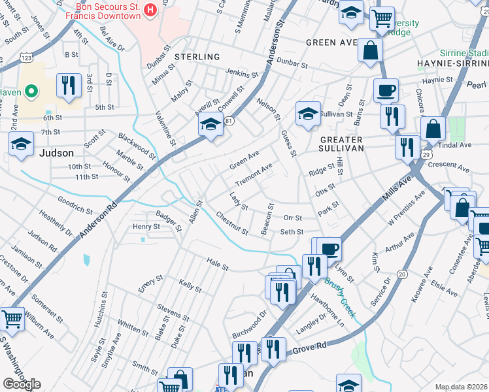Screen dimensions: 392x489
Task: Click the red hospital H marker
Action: tap(150, 10)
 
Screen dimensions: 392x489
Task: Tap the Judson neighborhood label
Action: tap(56, 153)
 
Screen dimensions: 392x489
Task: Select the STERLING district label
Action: tap(197, 57)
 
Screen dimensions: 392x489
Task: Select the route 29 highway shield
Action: tap(426, 154)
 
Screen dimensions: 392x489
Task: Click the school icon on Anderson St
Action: tap(211, 123)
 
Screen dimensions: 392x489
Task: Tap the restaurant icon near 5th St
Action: tap(67, 84)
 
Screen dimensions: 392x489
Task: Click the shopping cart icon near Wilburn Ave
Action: tap(12, 318)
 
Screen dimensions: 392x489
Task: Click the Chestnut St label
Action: tap(232, 223)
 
